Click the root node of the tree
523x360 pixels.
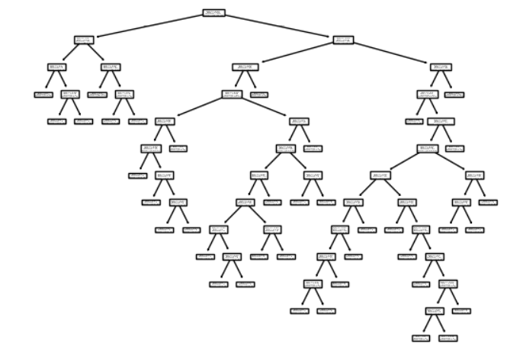coord(214,12)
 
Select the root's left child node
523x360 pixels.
coord(85,40)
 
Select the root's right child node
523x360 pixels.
coord(343,40)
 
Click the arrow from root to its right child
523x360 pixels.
coord(279,26)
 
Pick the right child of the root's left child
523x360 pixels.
coord(111,67)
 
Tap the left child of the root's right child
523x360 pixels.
coord(245,67)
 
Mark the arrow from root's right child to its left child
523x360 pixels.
coord(294,53)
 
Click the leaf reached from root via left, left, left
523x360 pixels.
coord(43,95)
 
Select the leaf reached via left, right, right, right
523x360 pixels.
coord(138,121)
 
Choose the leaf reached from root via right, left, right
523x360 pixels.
coord(259,95)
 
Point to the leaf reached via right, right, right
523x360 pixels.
coord(454,95)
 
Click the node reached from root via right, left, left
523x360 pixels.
coord(232,95)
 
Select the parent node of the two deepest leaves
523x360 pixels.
coord(434,310)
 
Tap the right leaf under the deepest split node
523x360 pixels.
coord(448,338)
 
